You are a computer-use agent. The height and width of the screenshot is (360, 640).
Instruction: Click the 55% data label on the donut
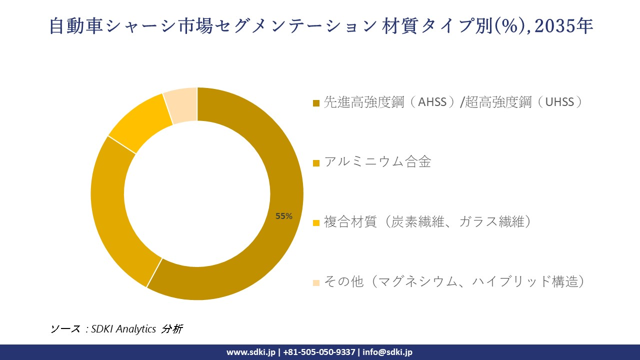point(284,216)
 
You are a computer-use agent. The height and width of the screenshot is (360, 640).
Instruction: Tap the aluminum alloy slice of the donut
point(112,210)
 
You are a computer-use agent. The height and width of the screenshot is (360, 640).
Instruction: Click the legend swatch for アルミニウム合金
point(316,163)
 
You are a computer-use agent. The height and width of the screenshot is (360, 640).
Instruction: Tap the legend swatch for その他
point(316,283)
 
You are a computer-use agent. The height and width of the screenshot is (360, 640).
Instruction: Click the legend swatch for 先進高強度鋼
point(316,103)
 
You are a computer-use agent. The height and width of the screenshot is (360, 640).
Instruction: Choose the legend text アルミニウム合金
point(377,162)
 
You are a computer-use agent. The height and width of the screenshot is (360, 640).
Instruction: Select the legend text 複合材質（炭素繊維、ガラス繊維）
point(427,221)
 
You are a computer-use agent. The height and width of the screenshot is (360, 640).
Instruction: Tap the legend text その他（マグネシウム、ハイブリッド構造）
point(454,281)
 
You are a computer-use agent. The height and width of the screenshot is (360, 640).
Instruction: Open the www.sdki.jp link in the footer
point(251,352)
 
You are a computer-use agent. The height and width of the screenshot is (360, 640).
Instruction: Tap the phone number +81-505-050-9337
point(319,352)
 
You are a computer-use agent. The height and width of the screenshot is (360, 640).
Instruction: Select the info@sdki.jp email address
point(387,352)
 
